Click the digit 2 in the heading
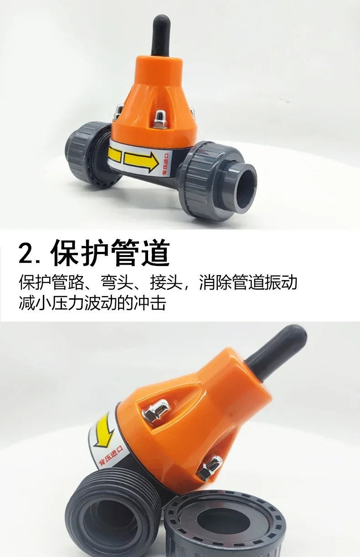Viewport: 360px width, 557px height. [26, 253]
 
